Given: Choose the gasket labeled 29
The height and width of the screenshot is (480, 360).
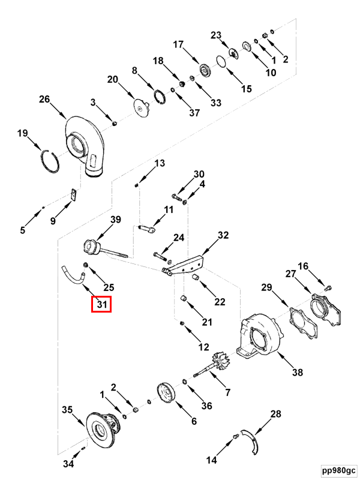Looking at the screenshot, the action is [x=303, y=323].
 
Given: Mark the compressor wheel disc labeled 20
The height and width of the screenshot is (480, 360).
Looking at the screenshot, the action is [x=141, y=108].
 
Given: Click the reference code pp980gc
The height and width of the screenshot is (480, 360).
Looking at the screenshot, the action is [x=339, y=470].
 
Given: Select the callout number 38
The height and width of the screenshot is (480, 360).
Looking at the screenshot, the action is [x=297, y=372].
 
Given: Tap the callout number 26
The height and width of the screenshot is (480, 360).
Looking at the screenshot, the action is [x=44, y=99].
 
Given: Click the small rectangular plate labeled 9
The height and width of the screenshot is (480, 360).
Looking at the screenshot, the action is [x=73, y=195].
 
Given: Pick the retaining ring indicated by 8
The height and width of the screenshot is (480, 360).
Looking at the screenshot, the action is [x=161, y=97].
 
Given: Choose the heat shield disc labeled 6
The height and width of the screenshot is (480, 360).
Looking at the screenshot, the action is [x=166, y=393].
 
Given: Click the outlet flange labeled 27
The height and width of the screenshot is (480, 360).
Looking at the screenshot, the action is [x=326, y=309].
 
